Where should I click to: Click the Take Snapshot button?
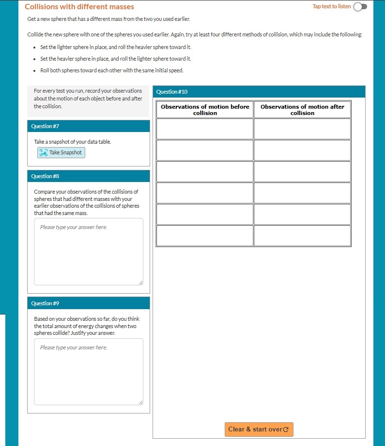pyautogui.click(x=61, y=152)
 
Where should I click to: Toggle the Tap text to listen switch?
pyautogui.click(x=360, y=7)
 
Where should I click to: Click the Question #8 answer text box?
pyautogui.click(x=89, y=251)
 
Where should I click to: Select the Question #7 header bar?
pyautogui.click(x=89, y=126)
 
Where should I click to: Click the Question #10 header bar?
pyautogui.click(x=259, y=92)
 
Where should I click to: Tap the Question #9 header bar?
pyautogui.click(x=89, y=303)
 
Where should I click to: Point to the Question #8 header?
pyautogui.click(x=89, y=176)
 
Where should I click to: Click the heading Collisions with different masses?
pyautogui.click(x=79, y=7)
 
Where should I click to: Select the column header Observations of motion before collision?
pyautogui.click(x=205, y=110)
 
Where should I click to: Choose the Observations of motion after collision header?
pyautogui.click(x=302, y=110)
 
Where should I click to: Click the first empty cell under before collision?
pyautogui.click(x=205, y=129)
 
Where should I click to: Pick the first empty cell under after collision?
pyautogui.click(x=302, y=129)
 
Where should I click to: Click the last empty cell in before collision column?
pyautogui.click(x=205, y=235)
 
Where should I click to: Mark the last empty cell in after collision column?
pyautogui.click(x=302, y=235)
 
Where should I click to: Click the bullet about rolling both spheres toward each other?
pyautogui.click(x=112, y=70)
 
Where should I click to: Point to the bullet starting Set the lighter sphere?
pyautogui.click(x=112, y=47)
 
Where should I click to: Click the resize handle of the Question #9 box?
pyautogui.click(x=140, y=402)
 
